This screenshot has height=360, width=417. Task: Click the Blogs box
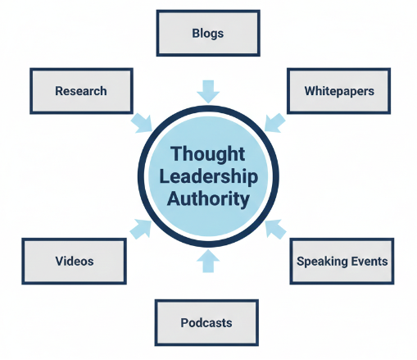coord(207,34)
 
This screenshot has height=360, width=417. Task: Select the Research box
coord(80,91)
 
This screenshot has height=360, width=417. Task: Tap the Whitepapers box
coord(338,91)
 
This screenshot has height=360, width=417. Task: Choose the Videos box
coord(75,262)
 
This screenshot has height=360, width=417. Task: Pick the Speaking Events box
coord(342,262)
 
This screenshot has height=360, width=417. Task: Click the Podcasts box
coord(206,322)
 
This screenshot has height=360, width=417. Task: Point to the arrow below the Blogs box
coord(208,90)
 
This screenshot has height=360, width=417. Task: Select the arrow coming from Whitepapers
coord(275,122)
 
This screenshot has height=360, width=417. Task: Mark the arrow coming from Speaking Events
coord(276,228)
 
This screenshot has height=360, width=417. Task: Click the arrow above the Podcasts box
coord(208,262)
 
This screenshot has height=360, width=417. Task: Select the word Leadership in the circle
coord(208,176)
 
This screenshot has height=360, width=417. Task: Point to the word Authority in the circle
coord(208,198)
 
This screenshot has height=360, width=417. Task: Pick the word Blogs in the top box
coord(207,34)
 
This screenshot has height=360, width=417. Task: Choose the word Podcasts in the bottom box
coord(206,322)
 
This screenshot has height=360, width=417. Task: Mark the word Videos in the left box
coord(75,262)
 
